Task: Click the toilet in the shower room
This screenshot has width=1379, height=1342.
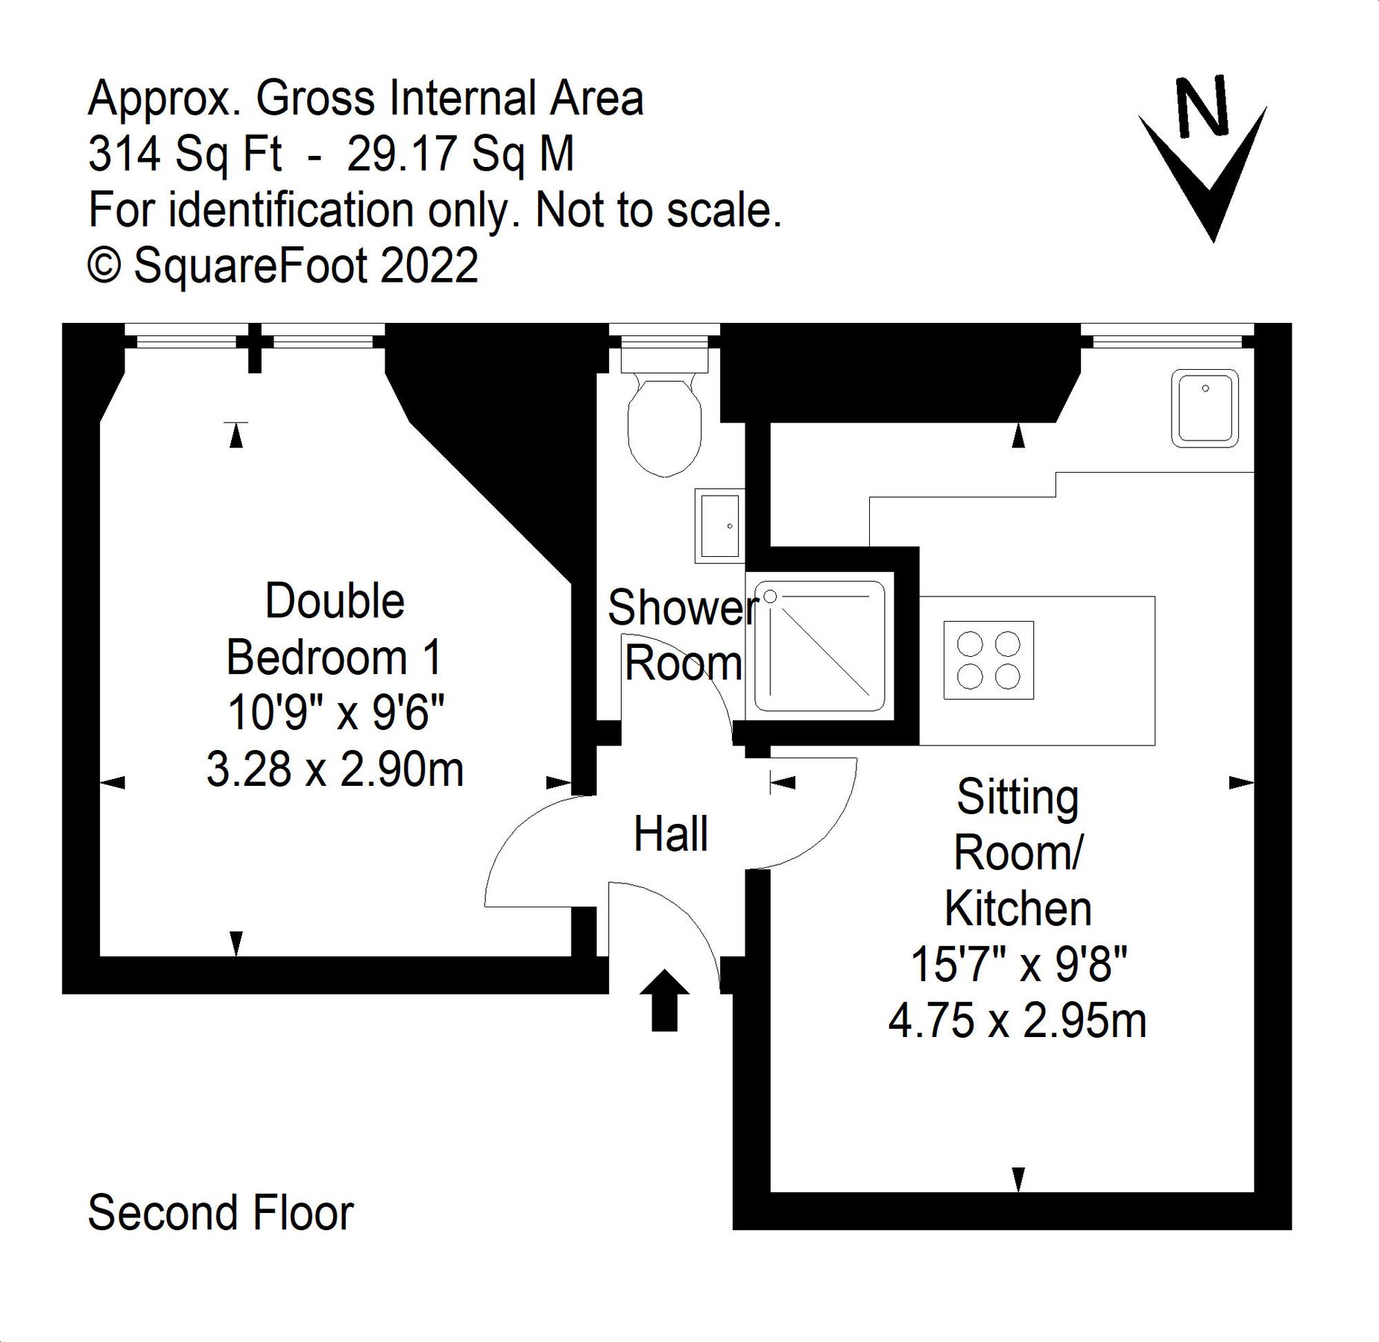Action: pyautogui.click(x=664, y=421)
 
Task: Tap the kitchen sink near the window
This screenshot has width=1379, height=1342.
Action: pyautogui.click(x=1205, y=409)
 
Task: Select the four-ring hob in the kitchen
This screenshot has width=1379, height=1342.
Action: pyautogui.click(x=988, y=660)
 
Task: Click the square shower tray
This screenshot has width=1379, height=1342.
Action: pyautogui.click(x=819, y=646)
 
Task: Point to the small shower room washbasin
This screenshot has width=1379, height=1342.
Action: pyautogui.click(x=719, y=526)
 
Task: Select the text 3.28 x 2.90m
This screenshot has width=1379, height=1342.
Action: pyautogui.click(x=335, y=769)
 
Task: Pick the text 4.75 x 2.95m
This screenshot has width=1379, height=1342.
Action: pyautogui.click(x=1017, y=1021)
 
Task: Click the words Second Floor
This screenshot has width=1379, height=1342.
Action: pyautogui.click(x=220, y=1213)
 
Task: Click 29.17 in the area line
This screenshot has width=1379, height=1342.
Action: pyautogui.click(x=401, y=154)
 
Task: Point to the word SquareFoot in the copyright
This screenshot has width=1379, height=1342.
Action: pyautogui.click(x=250, y=265)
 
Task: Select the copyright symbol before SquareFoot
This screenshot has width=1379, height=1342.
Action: pyautogui.click(x=104, y=265)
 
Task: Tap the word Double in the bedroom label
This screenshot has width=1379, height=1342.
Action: pyautogui.click(x=335, y=601)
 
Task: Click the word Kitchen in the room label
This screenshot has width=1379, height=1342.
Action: pyautogui.click(x=1018, y=909)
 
